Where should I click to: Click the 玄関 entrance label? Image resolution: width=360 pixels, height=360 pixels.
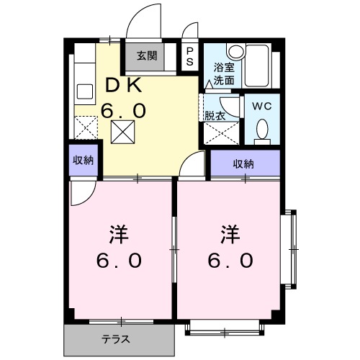click(147, 55)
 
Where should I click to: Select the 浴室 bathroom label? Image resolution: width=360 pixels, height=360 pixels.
click(223, 68)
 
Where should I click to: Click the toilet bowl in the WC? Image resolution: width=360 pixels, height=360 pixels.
click(262, 130)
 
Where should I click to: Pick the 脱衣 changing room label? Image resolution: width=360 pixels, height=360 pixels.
click(215, 114)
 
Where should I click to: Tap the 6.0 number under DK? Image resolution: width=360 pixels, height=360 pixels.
click(126, 110)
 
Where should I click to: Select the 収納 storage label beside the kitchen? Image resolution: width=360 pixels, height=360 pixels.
click(83, 161)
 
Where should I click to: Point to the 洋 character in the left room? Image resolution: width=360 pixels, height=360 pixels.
click(120, 234)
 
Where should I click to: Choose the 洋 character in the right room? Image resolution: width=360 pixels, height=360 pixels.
click(230, 234)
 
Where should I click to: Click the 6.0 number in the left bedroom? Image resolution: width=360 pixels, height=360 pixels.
click(120, 260)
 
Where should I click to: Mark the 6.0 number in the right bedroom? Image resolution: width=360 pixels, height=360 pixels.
click(230, 260)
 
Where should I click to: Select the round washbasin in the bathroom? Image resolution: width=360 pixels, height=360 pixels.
click(236, 52)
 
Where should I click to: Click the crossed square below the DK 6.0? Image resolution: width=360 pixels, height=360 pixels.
click(122, 132)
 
